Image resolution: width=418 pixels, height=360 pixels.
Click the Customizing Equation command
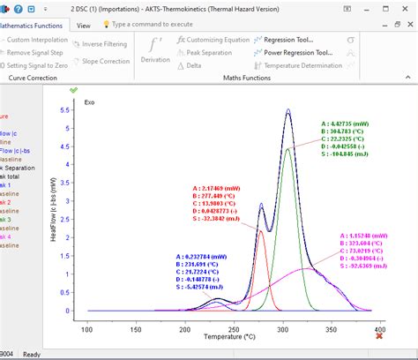coord(213,40)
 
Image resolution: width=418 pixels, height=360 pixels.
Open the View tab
coord(83,26)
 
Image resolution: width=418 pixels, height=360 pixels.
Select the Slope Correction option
coord(103,61)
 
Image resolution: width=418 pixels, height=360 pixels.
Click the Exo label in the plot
coord(89,102)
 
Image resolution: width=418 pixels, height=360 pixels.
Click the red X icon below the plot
coord(380,336)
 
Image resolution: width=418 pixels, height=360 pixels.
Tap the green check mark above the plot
coord(74,90)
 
